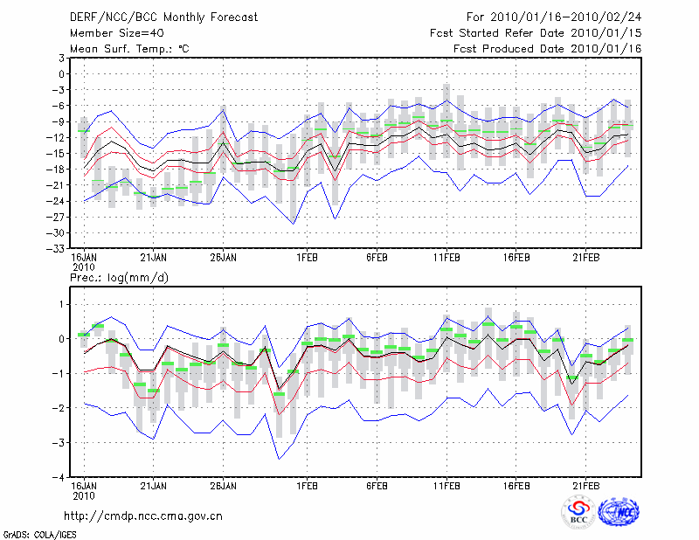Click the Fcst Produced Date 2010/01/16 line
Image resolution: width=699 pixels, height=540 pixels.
[548, 48]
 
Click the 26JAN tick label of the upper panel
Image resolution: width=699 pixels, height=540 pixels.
[224, 258]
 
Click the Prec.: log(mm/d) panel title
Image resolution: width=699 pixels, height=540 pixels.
[118, 277]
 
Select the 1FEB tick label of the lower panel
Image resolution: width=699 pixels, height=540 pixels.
[307, 487]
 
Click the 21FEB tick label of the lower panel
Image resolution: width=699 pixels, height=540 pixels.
[585, 487]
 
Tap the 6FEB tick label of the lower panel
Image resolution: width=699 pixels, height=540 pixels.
[377, 487]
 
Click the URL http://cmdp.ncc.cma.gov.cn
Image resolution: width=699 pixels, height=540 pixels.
[144, 516]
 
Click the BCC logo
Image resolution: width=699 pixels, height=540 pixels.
[578, 513]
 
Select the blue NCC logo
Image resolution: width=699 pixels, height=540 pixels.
[619, 513]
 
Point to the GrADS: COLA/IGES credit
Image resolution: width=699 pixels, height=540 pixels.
[31, 533]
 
